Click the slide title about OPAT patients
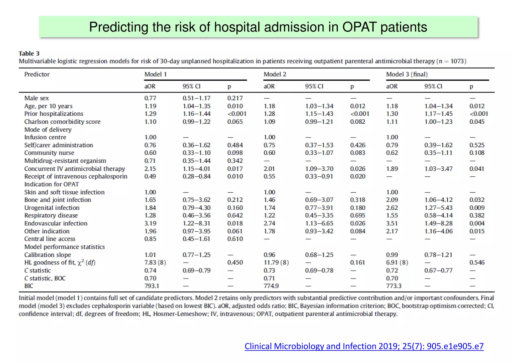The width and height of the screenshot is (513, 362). (258, 27)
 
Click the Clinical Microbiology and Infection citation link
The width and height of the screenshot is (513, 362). (364, 346)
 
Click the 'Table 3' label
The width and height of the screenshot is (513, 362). (29, 54)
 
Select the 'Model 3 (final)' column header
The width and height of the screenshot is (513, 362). (407, 74)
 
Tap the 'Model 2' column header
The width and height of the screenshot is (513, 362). (275, 74)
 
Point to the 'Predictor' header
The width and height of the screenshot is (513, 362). (37, 74)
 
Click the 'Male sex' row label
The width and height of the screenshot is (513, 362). (37, 98)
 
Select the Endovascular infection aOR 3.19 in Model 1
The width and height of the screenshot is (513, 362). (150, 223)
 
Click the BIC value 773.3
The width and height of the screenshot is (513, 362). (394, 286)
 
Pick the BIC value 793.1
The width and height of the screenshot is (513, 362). (152, 286)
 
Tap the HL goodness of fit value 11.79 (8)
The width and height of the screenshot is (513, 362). (276, 263)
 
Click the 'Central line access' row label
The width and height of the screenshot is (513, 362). (50, 239)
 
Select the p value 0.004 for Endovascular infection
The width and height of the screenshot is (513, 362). (477, 223)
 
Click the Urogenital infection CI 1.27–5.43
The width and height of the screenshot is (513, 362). (438, 208)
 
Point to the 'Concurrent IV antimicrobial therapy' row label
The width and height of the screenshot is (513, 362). (74, 169)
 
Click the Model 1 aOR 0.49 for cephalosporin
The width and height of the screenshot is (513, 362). (150, 177)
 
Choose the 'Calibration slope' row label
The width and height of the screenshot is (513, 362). (48, 255)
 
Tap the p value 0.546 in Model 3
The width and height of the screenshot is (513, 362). (477, 263)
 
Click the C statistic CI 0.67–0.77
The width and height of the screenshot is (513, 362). (438, 270)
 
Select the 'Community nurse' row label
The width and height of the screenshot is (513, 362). (49, 153)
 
